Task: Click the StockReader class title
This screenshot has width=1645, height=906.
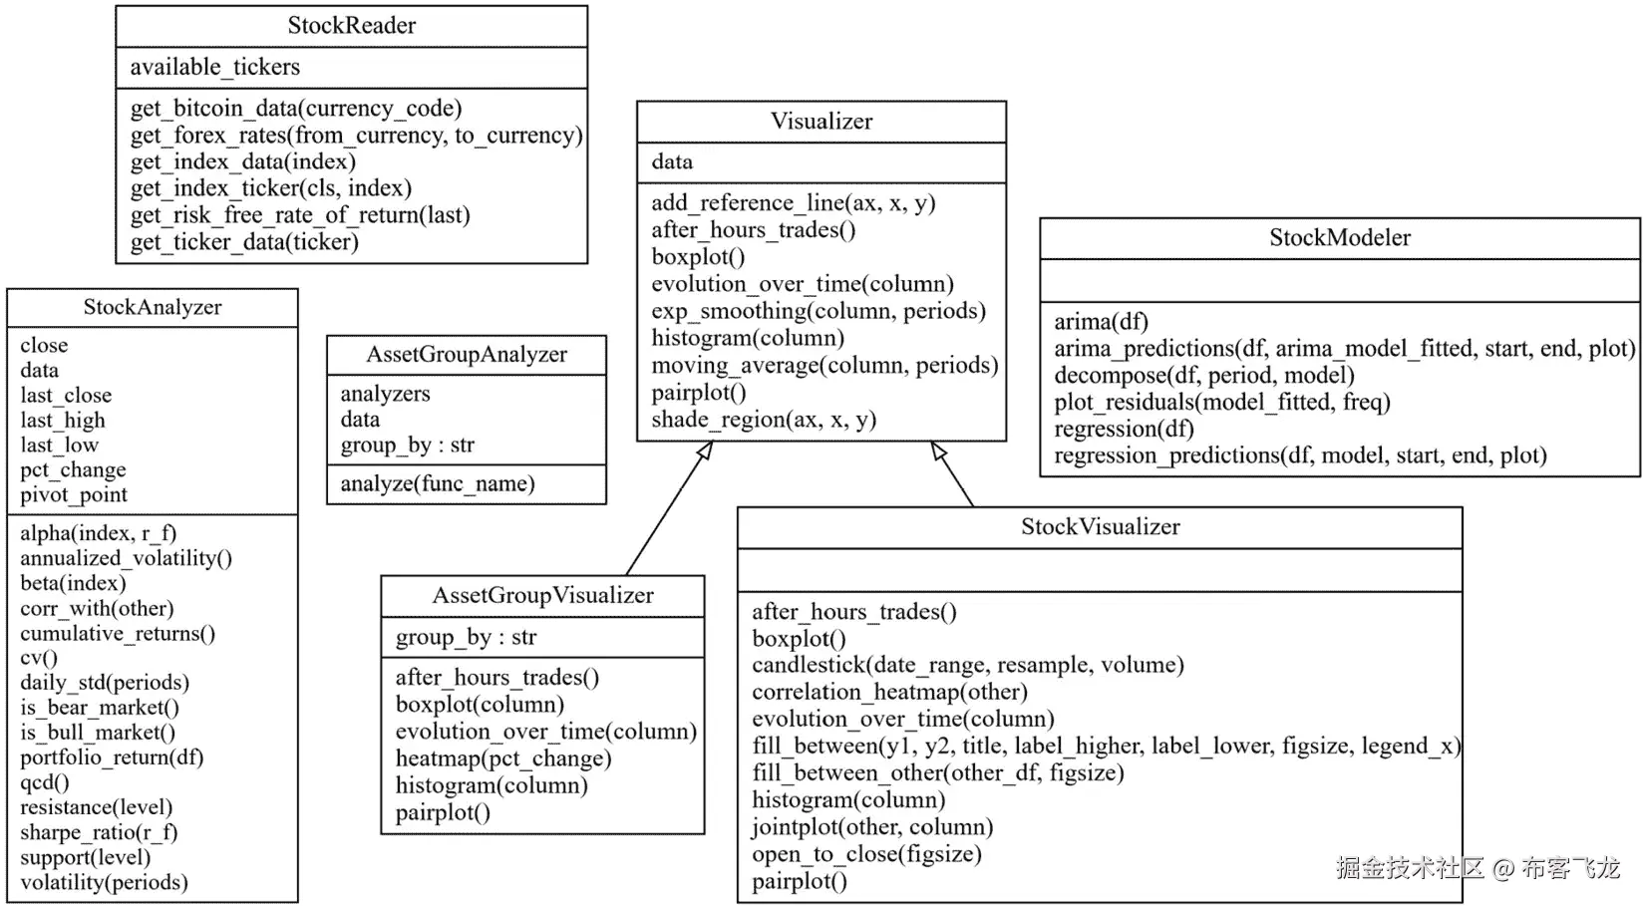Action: (x=351, y=26)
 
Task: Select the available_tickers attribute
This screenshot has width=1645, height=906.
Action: (x=214, y=67)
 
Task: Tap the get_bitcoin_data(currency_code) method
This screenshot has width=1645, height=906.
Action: (x=295, y=108)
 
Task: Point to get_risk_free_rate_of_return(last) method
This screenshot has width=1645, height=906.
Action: (x=299, y=215)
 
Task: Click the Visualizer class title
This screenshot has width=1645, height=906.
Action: (x=821, y=122)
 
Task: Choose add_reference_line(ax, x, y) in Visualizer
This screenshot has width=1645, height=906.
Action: (x=793, y=203)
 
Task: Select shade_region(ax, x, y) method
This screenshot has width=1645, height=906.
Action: (x=763, y=420)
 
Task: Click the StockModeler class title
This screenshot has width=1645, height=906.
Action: (x=1339, y=238)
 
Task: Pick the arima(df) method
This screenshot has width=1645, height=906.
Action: (x=1101, y=322)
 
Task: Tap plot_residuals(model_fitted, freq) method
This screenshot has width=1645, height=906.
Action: (x=1221, y=403)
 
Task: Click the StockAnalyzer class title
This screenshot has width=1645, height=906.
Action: (x=153, y=308)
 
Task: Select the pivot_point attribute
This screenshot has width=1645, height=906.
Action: (x=74, y=495)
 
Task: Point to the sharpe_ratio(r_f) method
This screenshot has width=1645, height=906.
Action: (x=99, y=832)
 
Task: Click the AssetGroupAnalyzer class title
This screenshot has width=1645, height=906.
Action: (x=466, y=355)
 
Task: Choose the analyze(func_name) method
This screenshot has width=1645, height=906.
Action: (x=437, y=484)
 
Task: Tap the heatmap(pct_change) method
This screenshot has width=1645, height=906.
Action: (x=502, y=758)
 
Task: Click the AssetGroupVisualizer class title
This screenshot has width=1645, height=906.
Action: (x=542, y=596)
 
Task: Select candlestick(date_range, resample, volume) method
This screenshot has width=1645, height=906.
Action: (x=967, y=665)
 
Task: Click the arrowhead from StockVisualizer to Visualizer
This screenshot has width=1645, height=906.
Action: (x=938, y=452)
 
